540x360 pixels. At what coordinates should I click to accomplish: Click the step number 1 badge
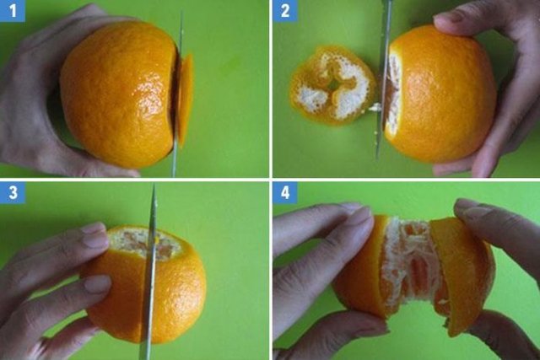tap(13, 11)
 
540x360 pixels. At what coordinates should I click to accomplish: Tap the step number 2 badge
tap(285, 11)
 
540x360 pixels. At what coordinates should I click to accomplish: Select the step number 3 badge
tap(13, 192)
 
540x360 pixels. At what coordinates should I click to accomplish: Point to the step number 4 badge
tap(285, 192)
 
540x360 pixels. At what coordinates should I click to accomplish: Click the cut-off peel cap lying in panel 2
tap(332, 85)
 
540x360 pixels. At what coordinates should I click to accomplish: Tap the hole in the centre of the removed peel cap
tap(333, 85)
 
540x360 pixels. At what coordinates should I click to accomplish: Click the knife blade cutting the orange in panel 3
tap(149, 271)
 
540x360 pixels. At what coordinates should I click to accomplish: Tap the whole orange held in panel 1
tap(119, 94)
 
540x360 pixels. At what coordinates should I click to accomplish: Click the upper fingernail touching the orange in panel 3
tap(94, 237)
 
